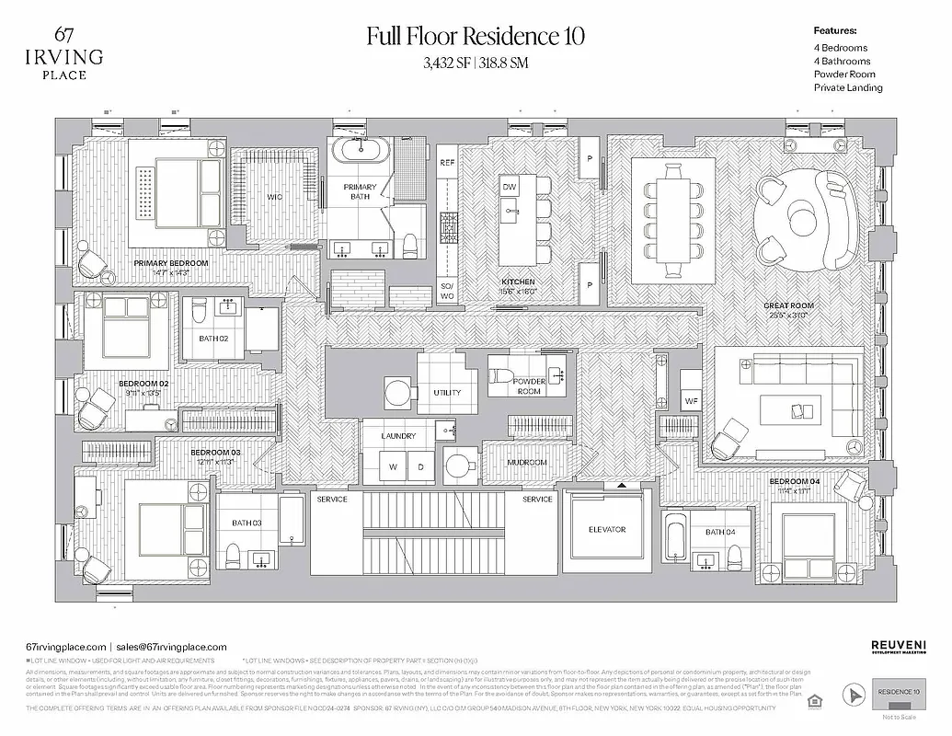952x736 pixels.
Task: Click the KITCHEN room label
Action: [518, 282]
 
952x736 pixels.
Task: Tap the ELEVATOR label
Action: [606, 530]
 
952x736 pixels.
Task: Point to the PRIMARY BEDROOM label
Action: [171, 263]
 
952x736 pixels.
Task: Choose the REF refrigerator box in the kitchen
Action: [447, 163]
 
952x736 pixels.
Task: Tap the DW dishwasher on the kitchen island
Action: [509, 187]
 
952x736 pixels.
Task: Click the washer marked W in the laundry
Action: [393, 467]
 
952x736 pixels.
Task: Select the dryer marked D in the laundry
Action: [420, 467]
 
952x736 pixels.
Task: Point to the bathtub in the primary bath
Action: [359, 152]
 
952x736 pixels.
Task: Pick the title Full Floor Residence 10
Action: [476, 37]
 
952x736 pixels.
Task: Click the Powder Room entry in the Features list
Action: [844, 75]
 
